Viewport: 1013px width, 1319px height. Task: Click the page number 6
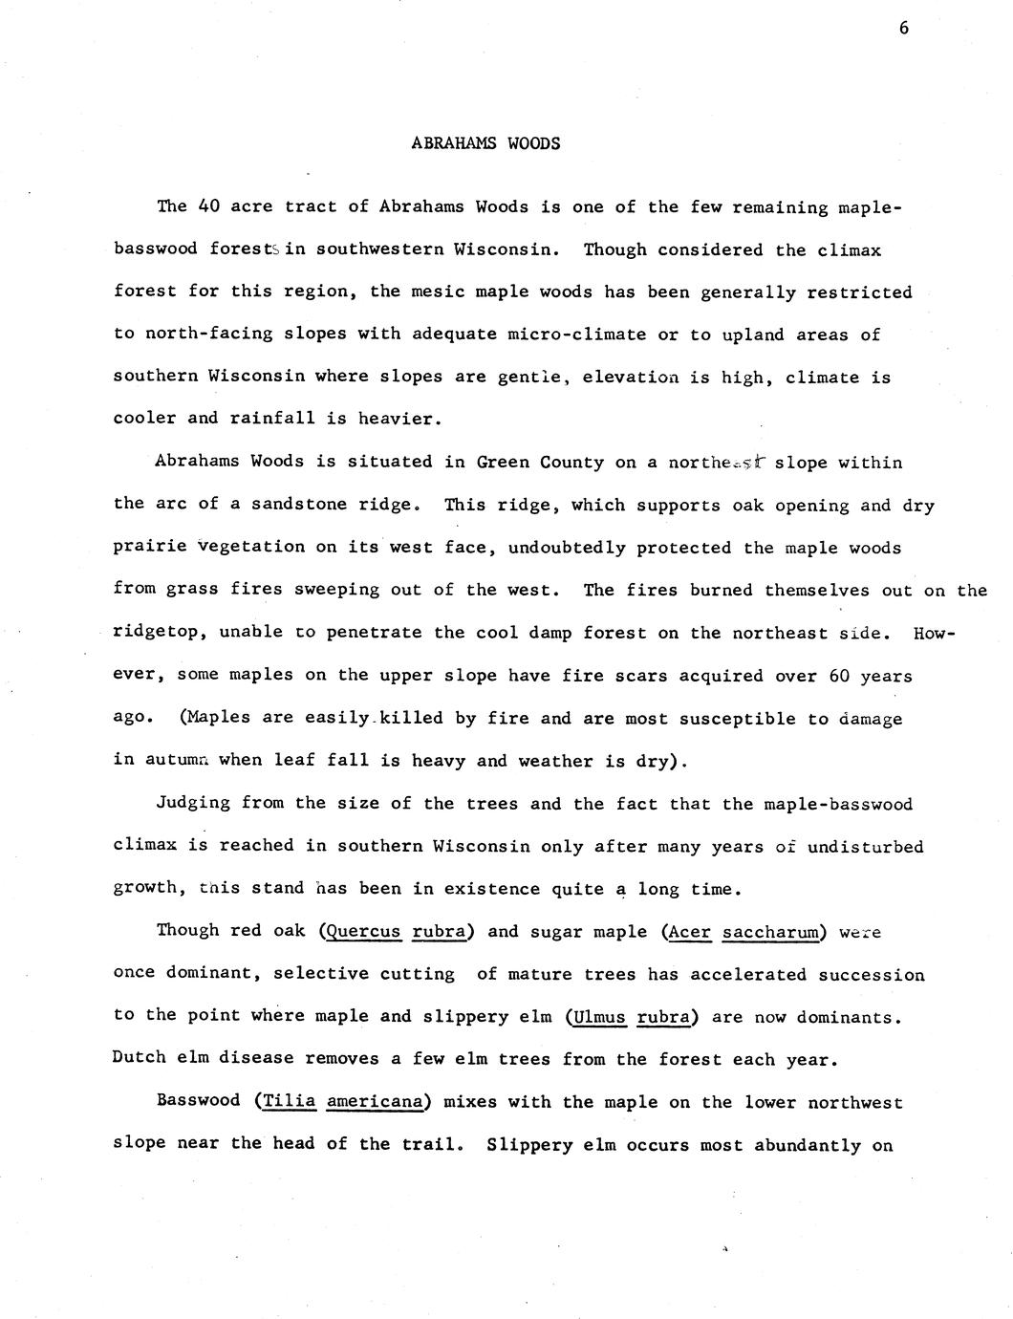tap(904, 28)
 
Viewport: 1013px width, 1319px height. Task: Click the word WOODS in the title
tap(533, 143)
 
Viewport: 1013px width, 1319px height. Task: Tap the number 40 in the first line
tap(209, 206)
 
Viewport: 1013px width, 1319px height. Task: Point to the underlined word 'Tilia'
tap(289, 1102)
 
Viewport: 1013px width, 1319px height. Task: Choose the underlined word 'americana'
tap(375, 1102)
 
